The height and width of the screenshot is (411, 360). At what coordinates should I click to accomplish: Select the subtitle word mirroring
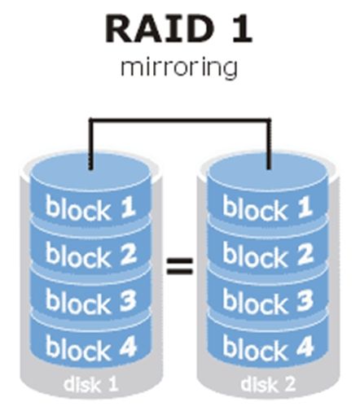[179, 67]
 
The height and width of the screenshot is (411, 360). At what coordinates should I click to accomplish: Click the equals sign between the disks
[179, 265]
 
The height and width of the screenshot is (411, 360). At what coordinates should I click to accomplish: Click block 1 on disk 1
[90, 208]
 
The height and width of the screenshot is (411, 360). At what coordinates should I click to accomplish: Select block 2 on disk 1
[90, 255]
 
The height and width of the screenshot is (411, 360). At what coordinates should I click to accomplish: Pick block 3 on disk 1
[90, 300]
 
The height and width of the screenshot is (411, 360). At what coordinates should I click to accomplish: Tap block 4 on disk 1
[90, 348]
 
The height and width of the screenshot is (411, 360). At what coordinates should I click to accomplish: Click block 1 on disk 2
[267, 208]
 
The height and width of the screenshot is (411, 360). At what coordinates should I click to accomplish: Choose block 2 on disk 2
[267, 255]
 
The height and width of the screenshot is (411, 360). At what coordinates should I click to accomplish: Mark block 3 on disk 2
[267, 300]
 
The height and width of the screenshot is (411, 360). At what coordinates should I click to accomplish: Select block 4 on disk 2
[267, 348]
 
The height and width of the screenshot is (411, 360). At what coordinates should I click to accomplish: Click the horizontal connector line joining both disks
[180, 120]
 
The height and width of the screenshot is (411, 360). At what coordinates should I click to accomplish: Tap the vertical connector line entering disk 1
[91, 144]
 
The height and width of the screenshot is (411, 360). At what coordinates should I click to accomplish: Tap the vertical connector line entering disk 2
[269, 144]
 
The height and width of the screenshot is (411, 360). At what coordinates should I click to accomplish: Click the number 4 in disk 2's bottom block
[305, 347]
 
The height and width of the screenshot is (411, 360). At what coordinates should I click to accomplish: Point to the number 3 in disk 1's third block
[128, 300]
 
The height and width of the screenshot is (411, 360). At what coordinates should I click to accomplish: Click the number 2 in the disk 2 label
[288, 383]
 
